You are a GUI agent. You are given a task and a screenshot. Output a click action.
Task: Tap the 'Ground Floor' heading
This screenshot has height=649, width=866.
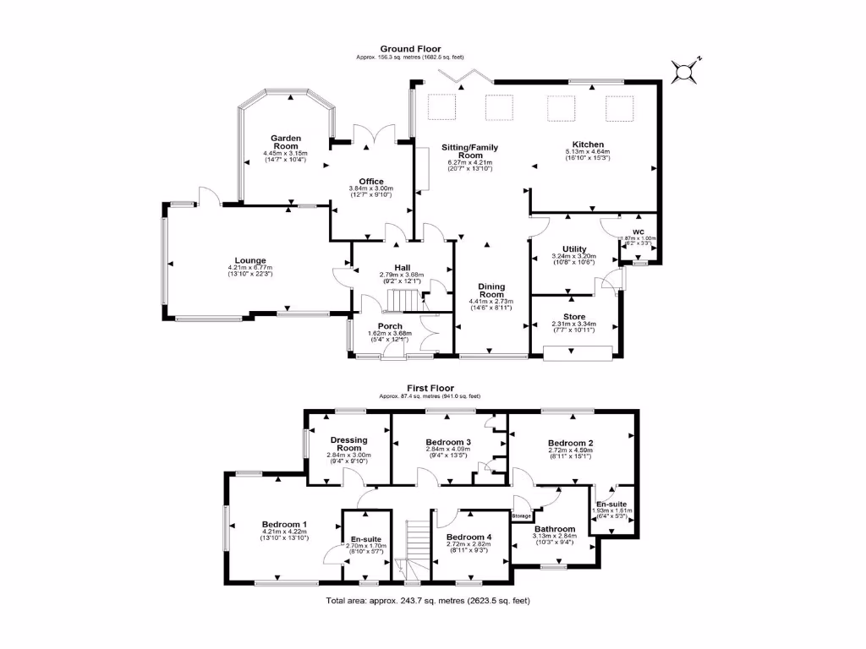point(410,49)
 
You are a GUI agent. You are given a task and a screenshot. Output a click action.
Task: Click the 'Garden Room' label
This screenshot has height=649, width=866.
point(287,142)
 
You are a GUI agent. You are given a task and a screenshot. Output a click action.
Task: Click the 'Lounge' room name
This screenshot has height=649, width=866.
point(250,260)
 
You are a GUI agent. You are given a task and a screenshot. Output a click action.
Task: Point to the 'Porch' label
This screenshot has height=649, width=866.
point(390,326)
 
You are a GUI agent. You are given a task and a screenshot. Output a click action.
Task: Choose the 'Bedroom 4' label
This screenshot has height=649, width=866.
point(469,537)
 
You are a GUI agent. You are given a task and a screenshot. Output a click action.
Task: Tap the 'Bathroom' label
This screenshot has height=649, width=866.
point(554,529)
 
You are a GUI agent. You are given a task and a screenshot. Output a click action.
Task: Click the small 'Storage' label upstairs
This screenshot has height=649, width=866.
point(521,515)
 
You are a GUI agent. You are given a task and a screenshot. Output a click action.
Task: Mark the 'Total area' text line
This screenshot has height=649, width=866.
point(427,601)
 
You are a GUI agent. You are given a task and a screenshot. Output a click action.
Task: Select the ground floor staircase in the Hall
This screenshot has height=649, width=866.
point(403,300)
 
